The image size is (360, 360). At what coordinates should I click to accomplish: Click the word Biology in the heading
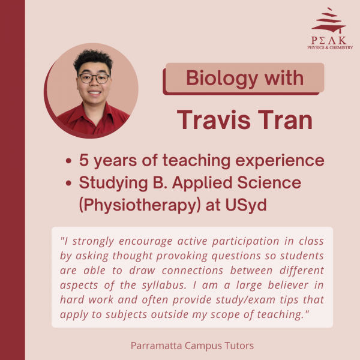click(x=222, y=79)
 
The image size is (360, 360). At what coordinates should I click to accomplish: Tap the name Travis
click(x=214, y=120)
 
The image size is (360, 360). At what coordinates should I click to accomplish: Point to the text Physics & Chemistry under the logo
click(x=330, y=47)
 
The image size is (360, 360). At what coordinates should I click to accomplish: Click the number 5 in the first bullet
click(x=84, y=160)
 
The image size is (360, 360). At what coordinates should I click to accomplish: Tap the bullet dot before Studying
click(x=68, y=183)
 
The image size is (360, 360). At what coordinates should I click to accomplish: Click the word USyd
click(x=246, y=205)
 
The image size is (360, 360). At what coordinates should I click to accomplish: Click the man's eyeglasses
click(x=94, y=78)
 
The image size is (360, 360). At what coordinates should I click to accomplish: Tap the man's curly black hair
click(x=93, y=59)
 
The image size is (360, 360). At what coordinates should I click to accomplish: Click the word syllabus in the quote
click(x=164, y=286)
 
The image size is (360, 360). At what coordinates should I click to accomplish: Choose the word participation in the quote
click(x=245, y=242)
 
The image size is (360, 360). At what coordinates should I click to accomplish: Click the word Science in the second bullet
click(x=269, y=183)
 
